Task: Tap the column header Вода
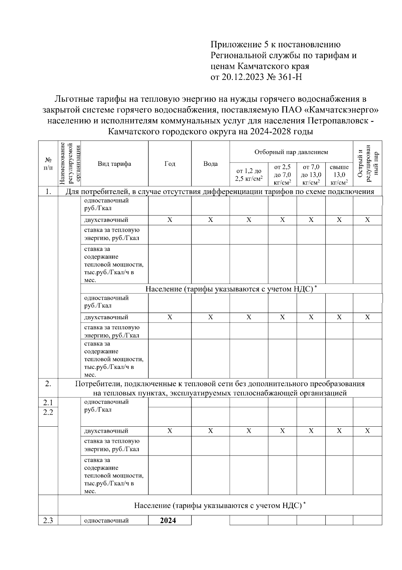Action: click(x=210, y=164)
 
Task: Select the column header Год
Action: click(x=170, y=164)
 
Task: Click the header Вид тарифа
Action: click(x=114, y=164)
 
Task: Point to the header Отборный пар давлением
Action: click(x=291, y=152)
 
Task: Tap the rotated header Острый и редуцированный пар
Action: click(x=367, y=163)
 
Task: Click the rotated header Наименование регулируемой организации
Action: click(x=69, y=163)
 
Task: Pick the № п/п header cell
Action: click(x=48, y=163)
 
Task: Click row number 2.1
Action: click(x=48, y=402)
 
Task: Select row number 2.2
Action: click(x=48, y=412)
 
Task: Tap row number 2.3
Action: click(x=48, y=521)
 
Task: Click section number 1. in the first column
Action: click(x=48, y=192)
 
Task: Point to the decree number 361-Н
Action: click(x=284, y=77)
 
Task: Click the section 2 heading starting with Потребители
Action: click(x=220, y=388)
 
